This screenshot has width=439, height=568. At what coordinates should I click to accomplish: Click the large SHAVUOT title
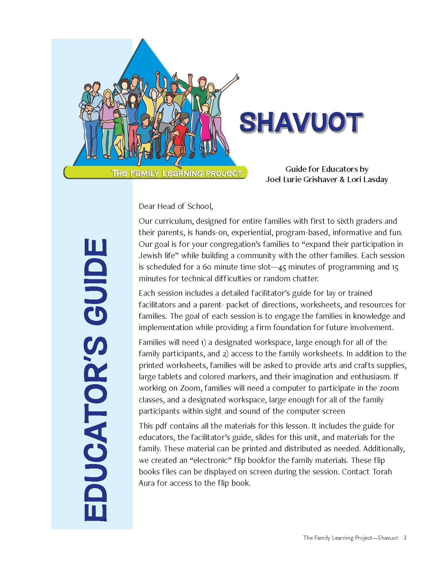point(301,123)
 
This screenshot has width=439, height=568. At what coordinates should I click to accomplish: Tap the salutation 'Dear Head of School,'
point(176,207)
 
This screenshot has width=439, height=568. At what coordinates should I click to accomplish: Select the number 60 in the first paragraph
point(207,267)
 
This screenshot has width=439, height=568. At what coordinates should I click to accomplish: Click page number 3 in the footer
point(405,538)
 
